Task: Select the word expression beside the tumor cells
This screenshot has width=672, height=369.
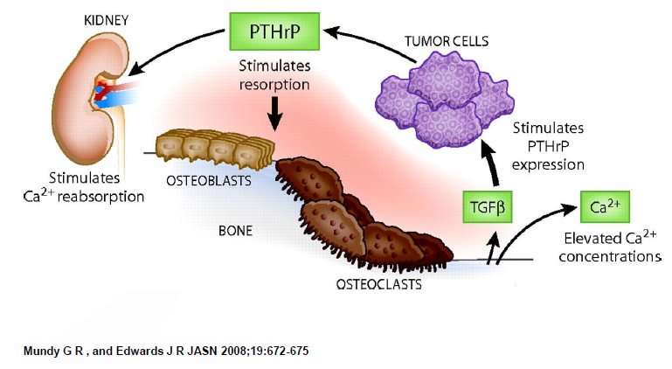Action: coord(549,164)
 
